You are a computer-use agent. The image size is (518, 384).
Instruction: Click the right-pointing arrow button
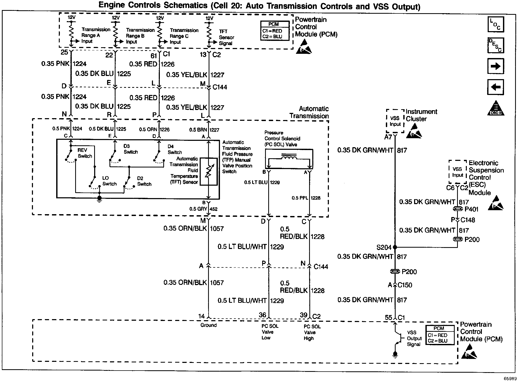tap(496, 66)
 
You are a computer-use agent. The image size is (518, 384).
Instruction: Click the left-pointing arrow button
tap(496, 87)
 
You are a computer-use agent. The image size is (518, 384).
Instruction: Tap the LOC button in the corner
tap(496, 24)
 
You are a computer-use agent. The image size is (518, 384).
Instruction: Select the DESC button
tap(496, 45)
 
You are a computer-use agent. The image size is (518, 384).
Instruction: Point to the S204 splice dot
tap(395, 247)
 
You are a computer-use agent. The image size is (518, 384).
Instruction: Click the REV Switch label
tap(85, 153)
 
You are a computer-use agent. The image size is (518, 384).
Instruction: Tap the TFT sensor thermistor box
tap(209, 172)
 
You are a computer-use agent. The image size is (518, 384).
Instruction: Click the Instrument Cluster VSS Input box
tap(395, 121)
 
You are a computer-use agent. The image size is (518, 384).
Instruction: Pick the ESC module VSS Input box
tap(458, 172)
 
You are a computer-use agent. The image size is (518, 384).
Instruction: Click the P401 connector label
tap(472, 209)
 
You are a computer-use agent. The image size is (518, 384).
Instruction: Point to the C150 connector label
tap(405, 285)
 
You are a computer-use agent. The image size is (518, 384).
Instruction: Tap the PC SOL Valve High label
tap(312, 332)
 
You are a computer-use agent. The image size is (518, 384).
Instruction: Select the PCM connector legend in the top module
tap(275, 31)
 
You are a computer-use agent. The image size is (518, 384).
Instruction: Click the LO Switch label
tap(109, 181)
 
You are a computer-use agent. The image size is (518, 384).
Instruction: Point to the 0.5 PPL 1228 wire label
tap(306, 198)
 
